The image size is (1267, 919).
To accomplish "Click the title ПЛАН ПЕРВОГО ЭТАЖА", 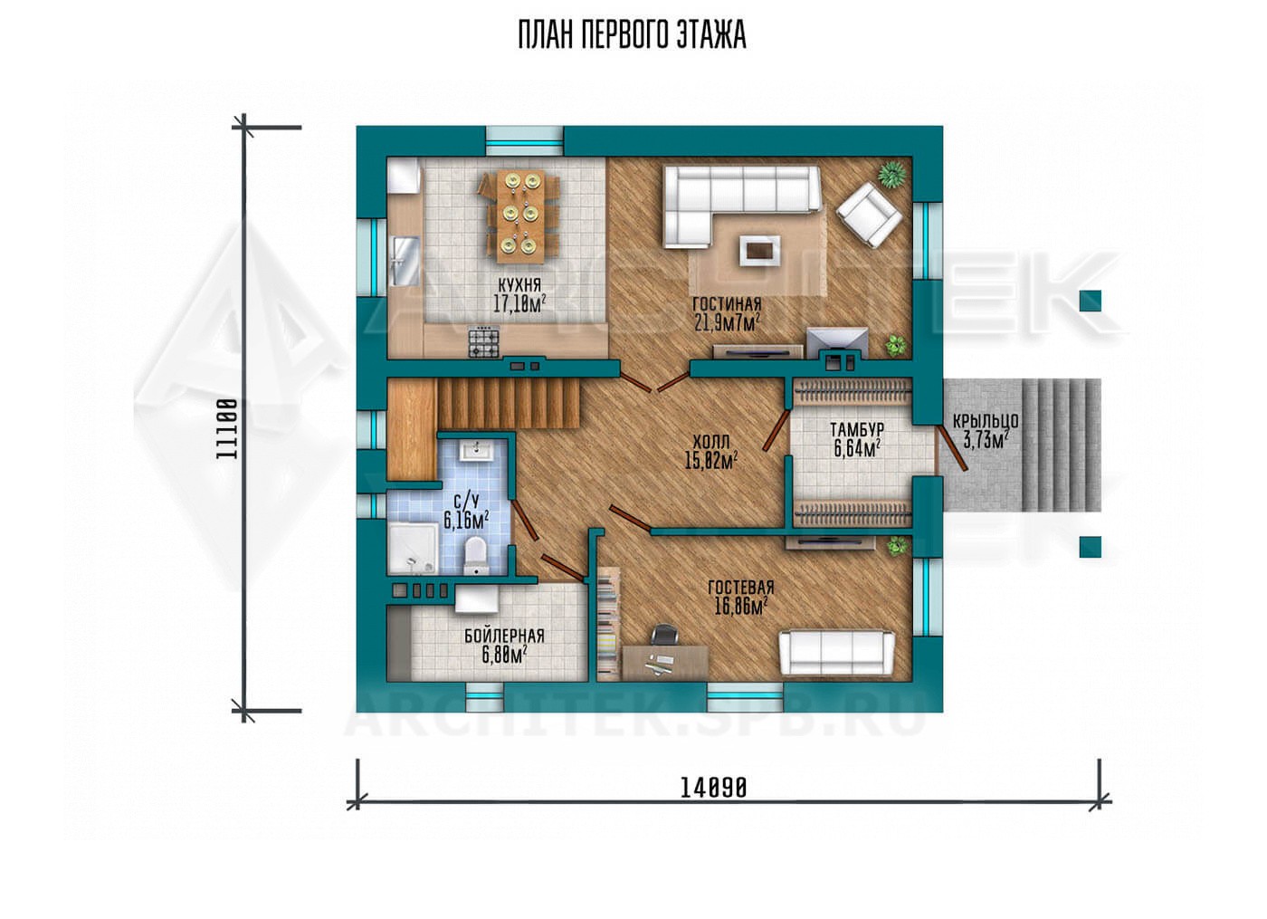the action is click(632, 35).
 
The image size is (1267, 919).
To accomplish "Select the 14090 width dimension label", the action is click(713, 788).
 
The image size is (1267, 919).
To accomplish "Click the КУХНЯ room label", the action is click(519, 284).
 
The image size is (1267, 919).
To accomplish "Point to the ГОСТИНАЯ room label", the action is click(727, 304).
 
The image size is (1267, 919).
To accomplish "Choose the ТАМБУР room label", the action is click(857, 429).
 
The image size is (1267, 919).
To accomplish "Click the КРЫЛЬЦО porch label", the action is click(986, 422).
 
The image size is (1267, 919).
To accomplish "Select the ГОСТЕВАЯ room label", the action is click(740, 588).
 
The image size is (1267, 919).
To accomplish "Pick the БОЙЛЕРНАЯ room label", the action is click(505, 636).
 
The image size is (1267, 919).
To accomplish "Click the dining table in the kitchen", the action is click(520, 216).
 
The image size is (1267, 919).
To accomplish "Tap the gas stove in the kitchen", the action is click(483, 343).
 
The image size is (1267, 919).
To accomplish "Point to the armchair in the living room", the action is click(868, 215).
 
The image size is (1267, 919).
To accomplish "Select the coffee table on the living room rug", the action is click(760, 250).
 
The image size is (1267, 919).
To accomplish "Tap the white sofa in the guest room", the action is click(836, 653).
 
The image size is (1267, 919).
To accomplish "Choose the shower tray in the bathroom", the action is click(413, 549).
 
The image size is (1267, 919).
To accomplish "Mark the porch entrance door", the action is click(952, 450).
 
